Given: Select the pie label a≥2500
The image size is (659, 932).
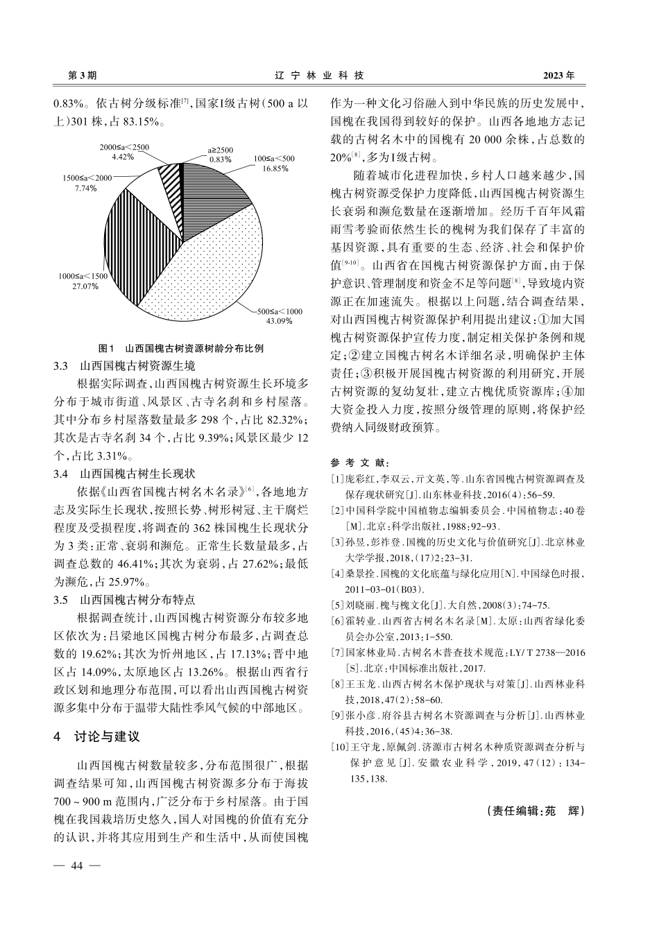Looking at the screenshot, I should [x=221, y=150].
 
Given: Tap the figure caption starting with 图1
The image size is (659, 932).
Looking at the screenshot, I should [x=181, y=348].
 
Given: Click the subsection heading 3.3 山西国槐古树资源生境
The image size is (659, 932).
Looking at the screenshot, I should [x=125, y=365].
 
